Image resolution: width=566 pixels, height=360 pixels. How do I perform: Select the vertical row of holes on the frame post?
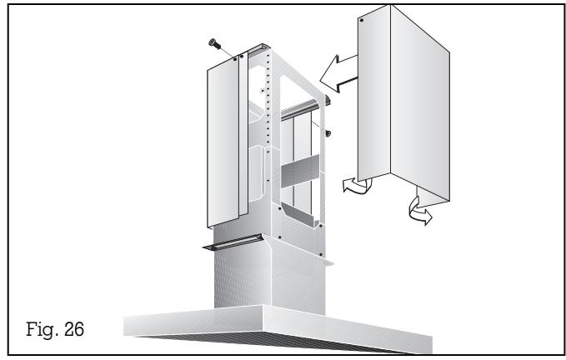[266, 125]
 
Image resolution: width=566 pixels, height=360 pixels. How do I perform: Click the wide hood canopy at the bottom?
[275, 321]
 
